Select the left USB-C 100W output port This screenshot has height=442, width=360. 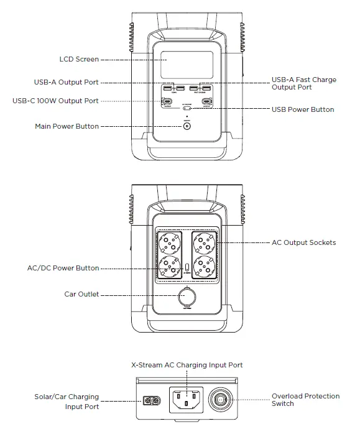(x=168, y=101)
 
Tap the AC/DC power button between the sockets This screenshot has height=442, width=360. (x=187, y=269)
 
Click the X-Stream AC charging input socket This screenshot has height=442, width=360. (x=187, y=399)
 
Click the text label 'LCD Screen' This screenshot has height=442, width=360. (x=79, y=60)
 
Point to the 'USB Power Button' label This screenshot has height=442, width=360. (x=303, y=110)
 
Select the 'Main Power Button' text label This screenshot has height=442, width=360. (x=67, y=126)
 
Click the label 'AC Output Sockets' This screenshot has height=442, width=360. (x=303, y=242)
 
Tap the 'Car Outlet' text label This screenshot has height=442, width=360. (x=81, y=295)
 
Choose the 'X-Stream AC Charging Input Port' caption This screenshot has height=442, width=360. (x=187, y=365)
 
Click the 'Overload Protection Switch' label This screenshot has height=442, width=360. (x=305, y=400)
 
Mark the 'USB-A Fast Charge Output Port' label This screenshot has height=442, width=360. (x=303, y=84)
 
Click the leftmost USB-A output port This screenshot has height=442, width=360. (x=168, y=88)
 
